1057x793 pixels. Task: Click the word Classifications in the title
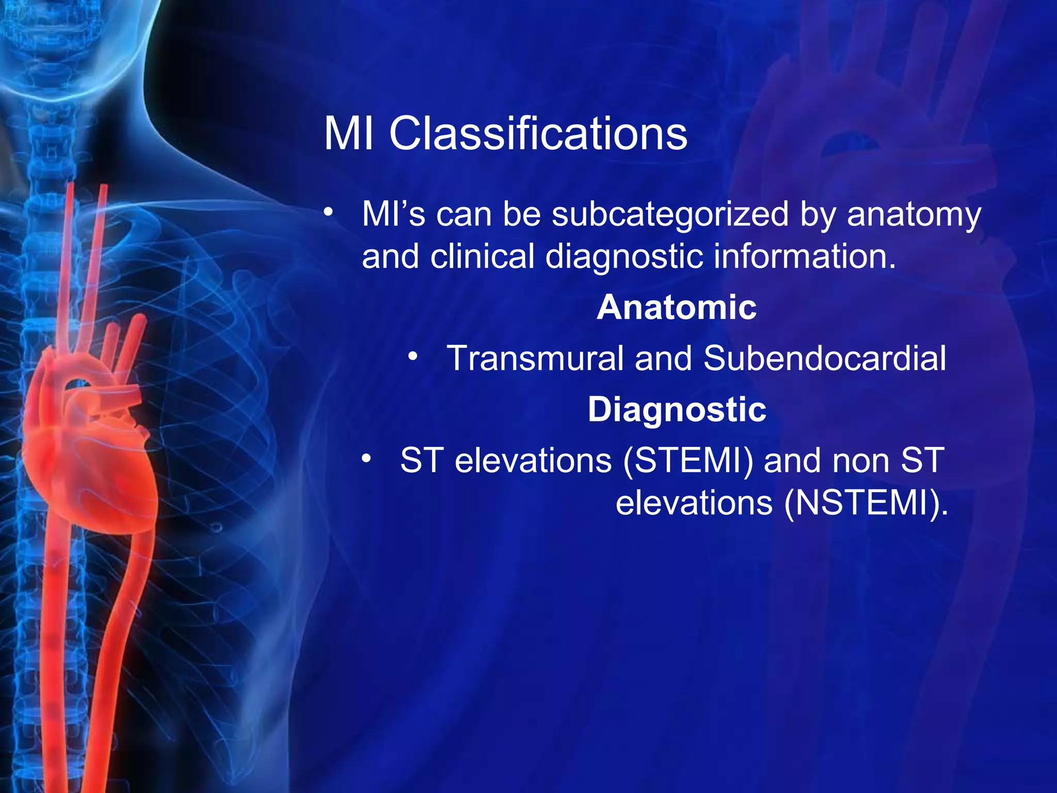click(538, 134)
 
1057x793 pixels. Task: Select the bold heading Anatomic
click(677, 307)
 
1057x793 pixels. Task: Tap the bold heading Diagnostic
click(677, 409)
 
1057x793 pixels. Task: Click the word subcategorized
click(670, 214)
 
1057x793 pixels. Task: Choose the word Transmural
click(535, 358)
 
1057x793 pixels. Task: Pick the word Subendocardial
click(825, 358)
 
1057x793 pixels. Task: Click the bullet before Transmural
click(412, 356)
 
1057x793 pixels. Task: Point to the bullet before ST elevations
click(366, 458)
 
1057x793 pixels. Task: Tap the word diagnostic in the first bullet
click(623, 257)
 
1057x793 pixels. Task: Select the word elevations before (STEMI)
click(533, 461)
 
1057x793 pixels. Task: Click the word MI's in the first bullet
click(393, 214)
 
